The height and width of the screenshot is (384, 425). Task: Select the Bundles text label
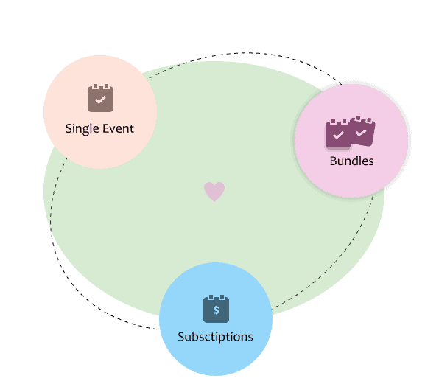coord(351,161)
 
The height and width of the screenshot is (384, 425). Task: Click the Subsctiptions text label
coord(216,337)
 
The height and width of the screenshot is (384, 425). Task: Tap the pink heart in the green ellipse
coord(214,192)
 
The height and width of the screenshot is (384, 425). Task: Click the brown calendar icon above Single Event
coord(101,98)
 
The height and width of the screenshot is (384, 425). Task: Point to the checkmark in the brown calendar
coord(100,100)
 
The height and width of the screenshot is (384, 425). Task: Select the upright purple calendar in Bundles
coord(338,133)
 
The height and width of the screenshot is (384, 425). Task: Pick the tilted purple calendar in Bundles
coord(362,131)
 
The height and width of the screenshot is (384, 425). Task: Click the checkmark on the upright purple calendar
coord(338,135)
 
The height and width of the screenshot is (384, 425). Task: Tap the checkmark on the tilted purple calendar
coord(361,133)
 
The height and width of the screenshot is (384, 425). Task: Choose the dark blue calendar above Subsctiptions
coord(216,309)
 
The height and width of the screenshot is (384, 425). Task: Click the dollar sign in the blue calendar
coord(216,310)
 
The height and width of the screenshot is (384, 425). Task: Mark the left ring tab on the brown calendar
coord(95,86)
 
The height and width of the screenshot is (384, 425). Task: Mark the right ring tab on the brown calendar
coord(107,86)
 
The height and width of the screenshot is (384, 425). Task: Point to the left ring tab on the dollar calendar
coord(211,297)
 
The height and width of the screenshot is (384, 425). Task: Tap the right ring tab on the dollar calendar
coord(222,297)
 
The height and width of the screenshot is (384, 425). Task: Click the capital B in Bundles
coord(333,161)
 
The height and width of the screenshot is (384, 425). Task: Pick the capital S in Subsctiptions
coord(181,337)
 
